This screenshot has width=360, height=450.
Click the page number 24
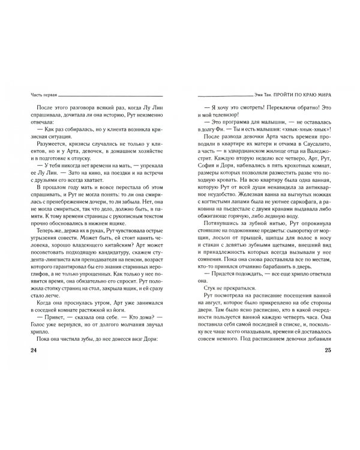(25, 367)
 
